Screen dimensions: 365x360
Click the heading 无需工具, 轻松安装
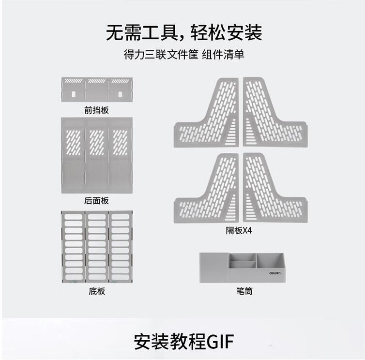click(x=184, y=32)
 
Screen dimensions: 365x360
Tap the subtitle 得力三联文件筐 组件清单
click(x=184, y=55)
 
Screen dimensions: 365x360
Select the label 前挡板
click(x=96, y=110)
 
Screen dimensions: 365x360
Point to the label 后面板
click(x=96, y=201)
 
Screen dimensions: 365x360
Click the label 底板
click(x=97, y=291)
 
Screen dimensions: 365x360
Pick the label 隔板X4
click(x=239, y=230)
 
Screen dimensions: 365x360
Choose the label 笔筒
click(x=244, y=291)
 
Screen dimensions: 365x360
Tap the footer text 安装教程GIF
click(x=184, y=342)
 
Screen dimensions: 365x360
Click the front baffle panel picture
click(x=97, y=90)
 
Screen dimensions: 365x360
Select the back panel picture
click(x=97, y=155)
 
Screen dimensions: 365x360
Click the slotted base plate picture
click(x=97, y=247)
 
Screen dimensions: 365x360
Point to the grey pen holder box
click(x=243, y=268)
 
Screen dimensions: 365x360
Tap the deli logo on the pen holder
click(x=274, y=273)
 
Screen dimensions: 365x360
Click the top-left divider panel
click(x=206, y=112)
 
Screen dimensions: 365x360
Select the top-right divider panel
click(x=275, y=112)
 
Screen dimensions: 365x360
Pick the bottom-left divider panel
click(x=206, y=188)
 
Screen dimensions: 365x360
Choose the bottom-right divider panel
click(x=275, y=188)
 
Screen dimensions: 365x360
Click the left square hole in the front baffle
click(x=74, y=94)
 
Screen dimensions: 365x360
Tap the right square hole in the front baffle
click(x=120, y=94)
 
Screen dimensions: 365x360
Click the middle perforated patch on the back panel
click(x=97, y=142)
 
